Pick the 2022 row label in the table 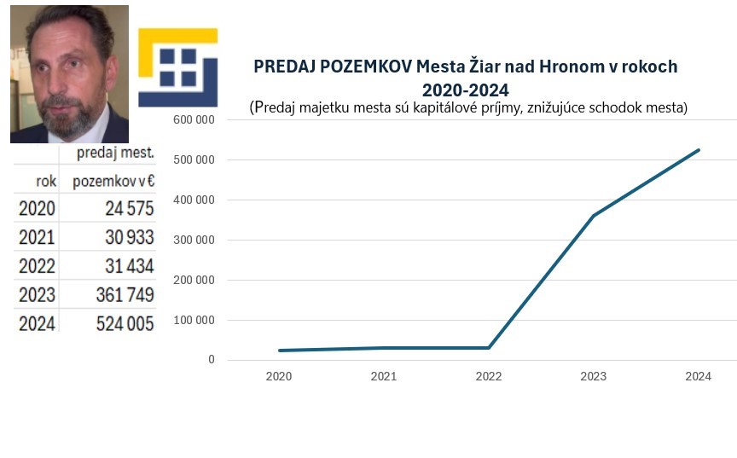click(37, 266)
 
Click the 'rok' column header click(45, 181)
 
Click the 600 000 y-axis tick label click(194, 120)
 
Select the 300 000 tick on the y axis click(194, 240)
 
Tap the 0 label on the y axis click(210, 360)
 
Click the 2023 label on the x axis click(594, 376)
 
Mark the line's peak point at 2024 click(699, 150)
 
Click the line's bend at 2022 click(489, 347)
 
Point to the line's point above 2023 click(594, 215)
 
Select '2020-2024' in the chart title click(465, 89)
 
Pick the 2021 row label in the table click(37, 237)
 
